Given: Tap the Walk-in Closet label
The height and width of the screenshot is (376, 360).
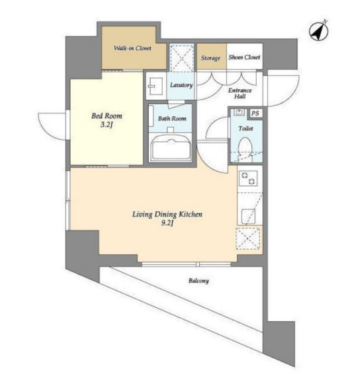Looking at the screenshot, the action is (133, 48).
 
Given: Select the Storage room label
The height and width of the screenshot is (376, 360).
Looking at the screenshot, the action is (211, 58).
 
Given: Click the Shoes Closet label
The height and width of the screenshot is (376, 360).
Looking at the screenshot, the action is (244, 57).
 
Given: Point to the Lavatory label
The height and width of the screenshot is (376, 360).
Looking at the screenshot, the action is (181, 85).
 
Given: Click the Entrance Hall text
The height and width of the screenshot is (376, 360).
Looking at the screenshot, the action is (240, 93).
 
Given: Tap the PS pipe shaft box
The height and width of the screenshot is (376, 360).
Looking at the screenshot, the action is (255, 113).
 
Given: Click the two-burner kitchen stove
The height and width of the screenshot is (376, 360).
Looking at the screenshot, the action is (248, 178).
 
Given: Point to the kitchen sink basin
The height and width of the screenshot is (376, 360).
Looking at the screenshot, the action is (248, 217).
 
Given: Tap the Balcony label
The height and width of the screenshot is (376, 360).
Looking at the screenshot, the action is (198, 281).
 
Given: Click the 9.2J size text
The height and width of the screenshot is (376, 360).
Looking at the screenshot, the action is (167, 223).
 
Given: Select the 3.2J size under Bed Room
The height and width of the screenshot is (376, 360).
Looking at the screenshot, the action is (106, 125).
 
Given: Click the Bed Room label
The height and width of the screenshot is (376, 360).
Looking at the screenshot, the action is (107, 116).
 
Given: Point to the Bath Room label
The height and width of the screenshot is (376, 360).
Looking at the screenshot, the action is (172, 119).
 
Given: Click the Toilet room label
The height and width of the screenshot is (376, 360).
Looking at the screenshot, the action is (246, 128).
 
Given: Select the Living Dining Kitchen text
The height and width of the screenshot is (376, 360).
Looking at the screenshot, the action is (167, 214).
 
